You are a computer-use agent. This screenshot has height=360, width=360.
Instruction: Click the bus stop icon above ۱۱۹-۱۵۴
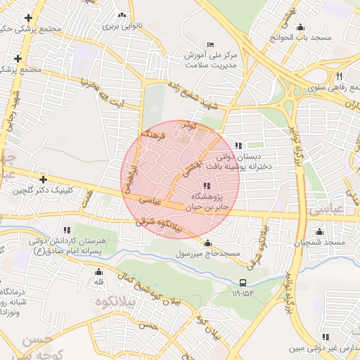tap(243, 283)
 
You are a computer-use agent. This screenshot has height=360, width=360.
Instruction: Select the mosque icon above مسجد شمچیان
tap(320, 232)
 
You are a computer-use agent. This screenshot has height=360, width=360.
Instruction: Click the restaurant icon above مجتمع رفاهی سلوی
tap(339, 76)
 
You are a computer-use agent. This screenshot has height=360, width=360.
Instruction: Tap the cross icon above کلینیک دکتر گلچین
tap(44, 179)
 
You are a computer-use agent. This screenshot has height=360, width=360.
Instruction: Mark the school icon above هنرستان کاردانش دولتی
tap(67, 229)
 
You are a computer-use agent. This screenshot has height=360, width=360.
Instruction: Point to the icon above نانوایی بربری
tap(122, 15)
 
